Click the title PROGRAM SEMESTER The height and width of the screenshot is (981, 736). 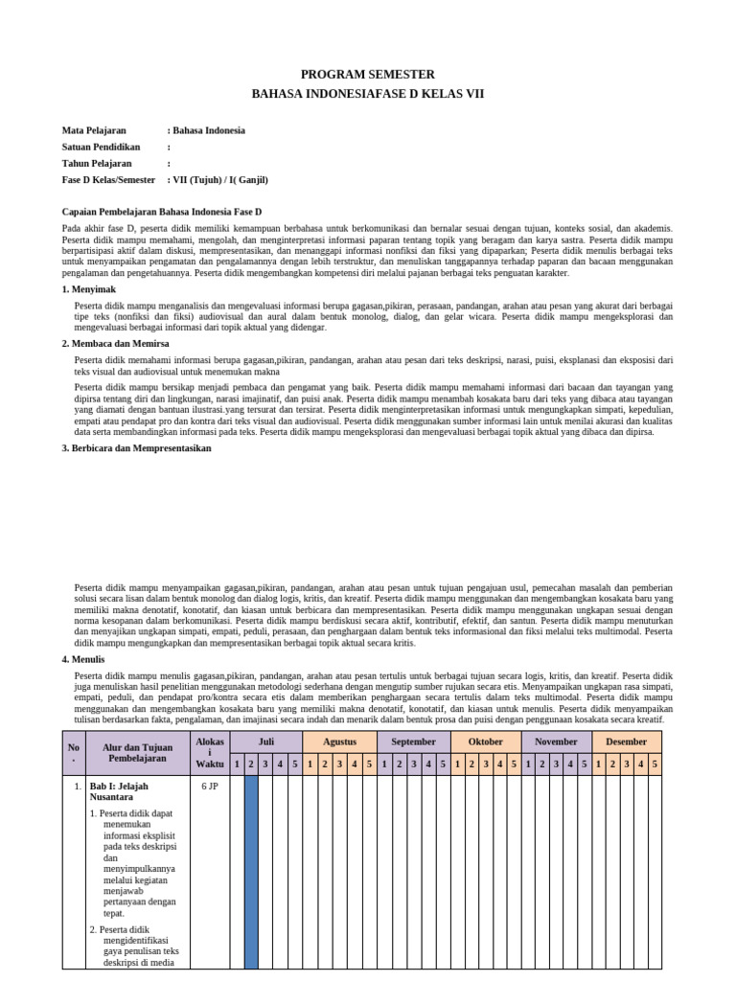point(368,74)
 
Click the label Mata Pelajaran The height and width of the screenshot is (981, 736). point(94,130)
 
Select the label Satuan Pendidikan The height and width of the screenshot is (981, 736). point(101,147)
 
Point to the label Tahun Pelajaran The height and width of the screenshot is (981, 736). point(97,163)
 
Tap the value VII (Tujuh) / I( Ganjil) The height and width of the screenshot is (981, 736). point(219,179)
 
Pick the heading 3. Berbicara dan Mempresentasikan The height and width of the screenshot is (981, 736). point(136,447)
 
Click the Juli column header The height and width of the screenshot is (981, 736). point(266,741)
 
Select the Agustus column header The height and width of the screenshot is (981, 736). point(339,741)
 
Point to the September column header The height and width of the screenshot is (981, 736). point(413,741)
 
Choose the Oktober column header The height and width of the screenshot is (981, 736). point(485,741)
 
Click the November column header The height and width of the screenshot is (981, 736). point(556,741)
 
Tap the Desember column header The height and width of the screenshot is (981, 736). point(627,741)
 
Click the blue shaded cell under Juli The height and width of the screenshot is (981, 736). point(251,872)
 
